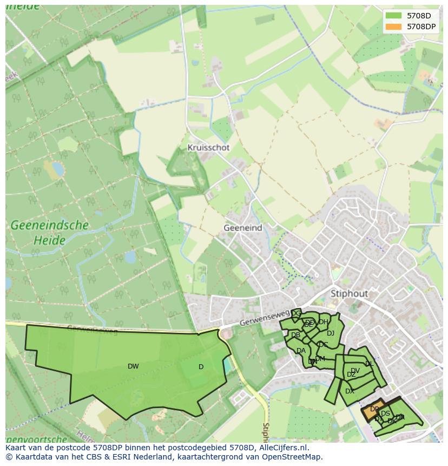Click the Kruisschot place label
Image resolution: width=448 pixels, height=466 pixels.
(208, 147)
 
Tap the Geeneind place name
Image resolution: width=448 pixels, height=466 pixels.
(242, 228)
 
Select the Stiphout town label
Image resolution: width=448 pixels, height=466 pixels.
(349, 293)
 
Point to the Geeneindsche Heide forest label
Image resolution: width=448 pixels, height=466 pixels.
(49, 232)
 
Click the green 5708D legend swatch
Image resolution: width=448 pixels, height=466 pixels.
(394, 16)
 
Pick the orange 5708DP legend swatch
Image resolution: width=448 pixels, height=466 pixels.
(394, 26)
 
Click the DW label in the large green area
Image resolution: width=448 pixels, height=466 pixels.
(133, 366)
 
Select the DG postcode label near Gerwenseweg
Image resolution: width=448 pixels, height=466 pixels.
(296, 313)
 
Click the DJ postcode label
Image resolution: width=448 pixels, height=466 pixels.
(331, 333)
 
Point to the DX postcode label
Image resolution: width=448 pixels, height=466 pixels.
(350, 391)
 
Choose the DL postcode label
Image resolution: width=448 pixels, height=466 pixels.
(369, 364)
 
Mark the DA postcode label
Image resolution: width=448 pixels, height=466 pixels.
(301, 351)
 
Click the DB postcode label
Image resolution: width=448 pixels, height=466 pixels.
(295, 335)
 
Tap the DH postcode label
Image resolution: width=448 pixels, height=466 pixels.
(324, 322)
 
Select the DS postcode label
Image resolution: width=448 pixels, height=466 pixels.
(385, 414)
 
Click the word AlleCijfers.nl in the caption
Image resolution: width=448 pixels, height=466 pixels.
(282, 448)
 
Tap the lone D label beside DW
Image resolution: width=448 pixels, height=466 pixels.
(201, 367)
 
